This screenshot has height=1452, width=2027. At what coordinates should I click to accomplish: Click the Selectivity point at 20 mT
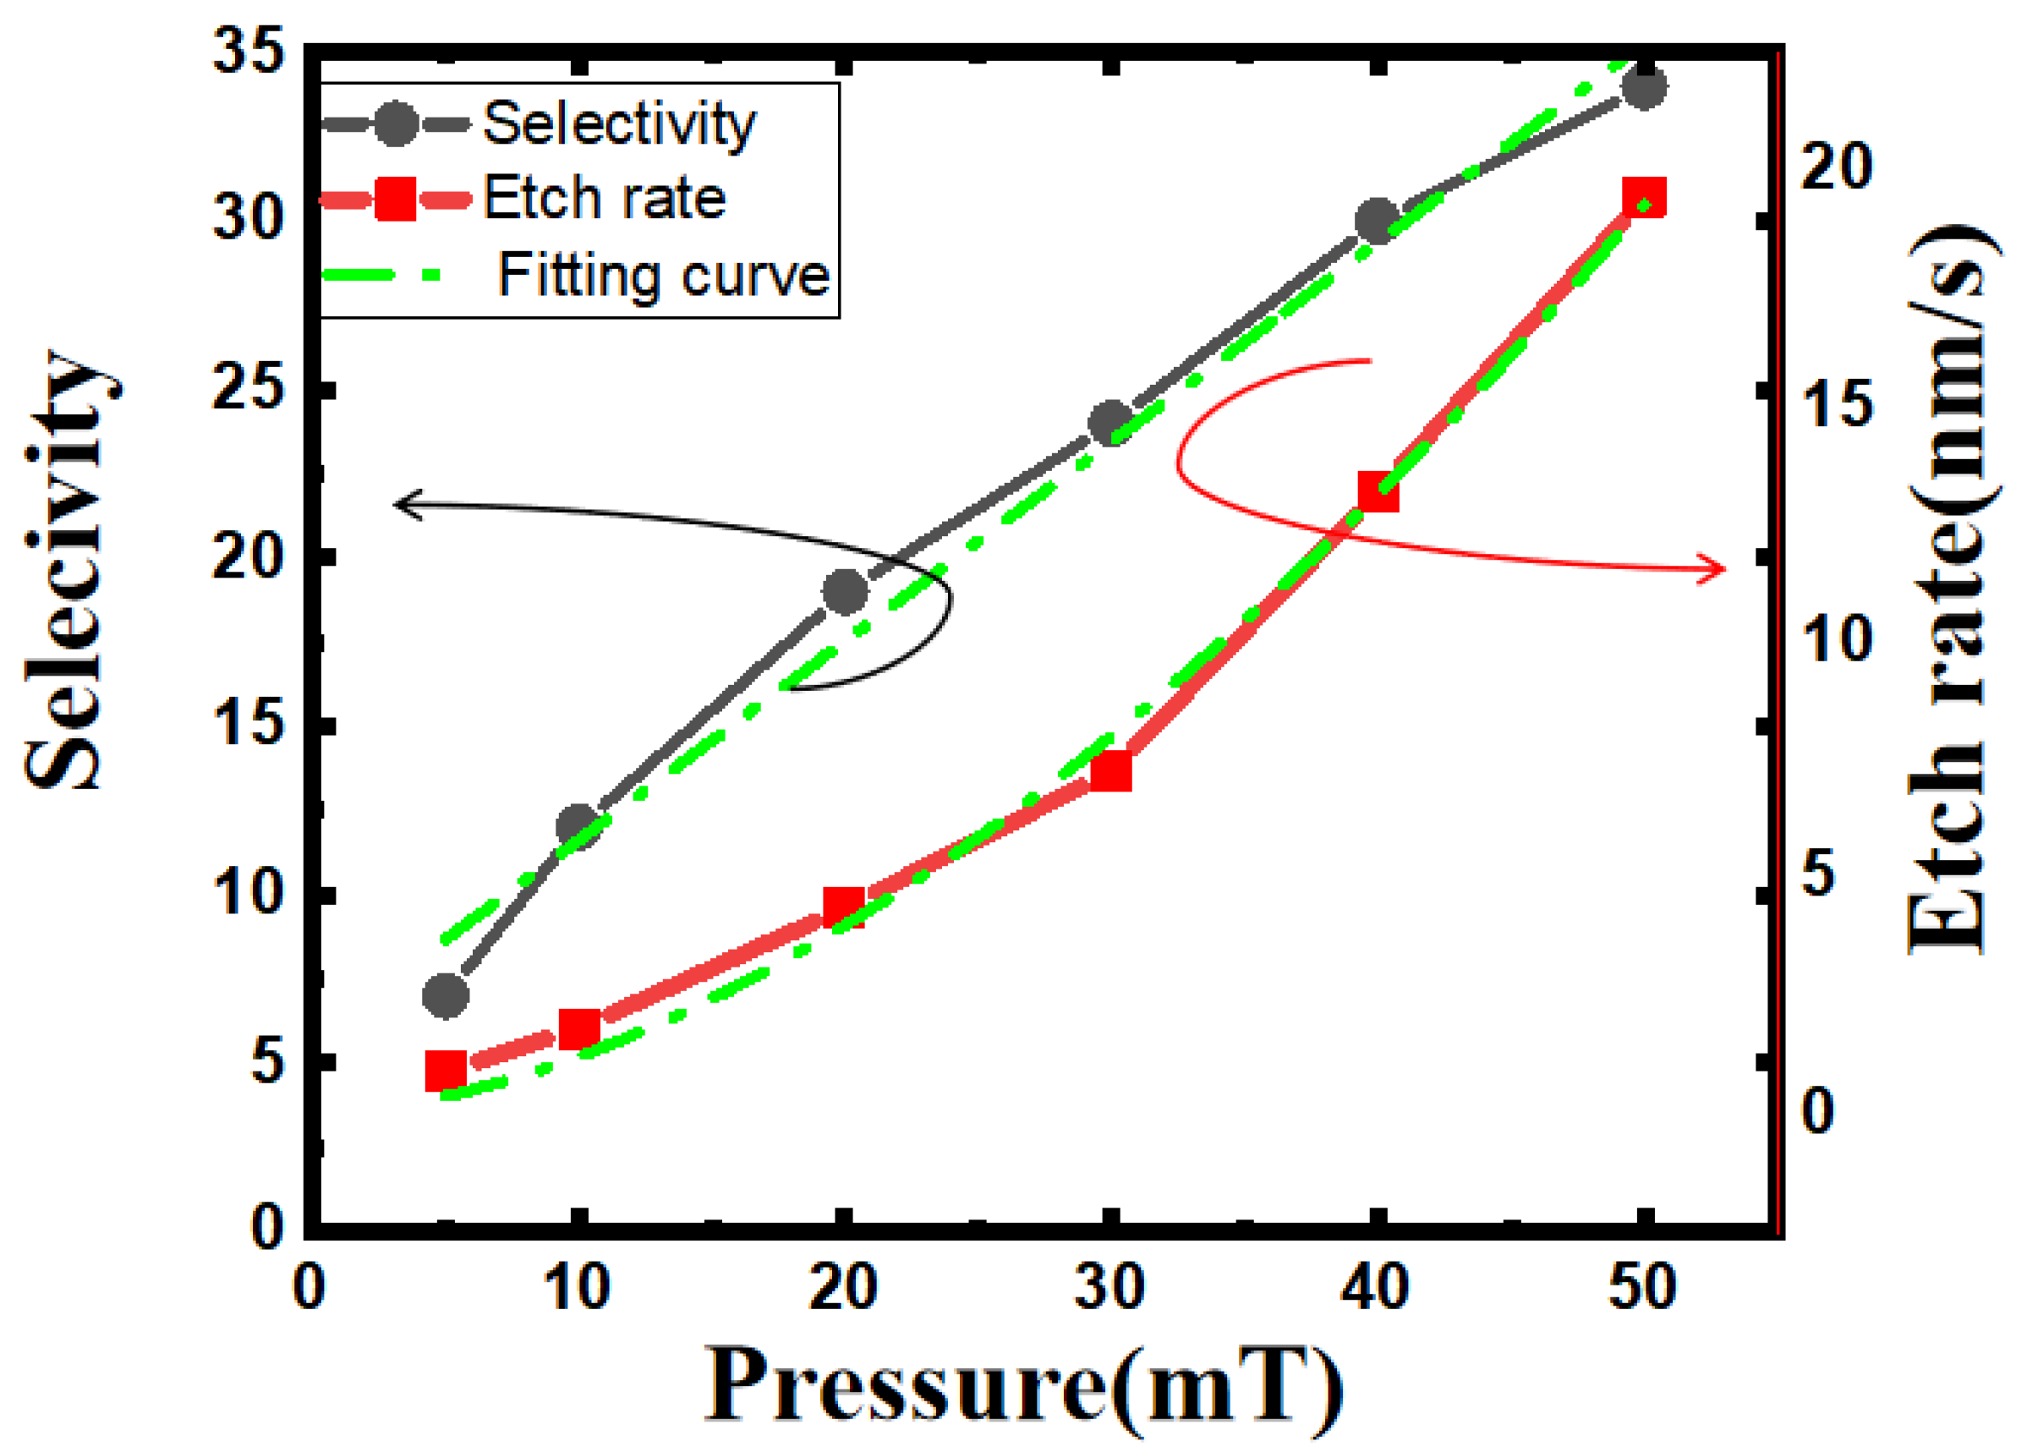[845, 590]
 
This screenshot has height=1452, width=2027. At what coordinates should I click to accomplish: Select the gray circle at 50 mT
[1644, 88]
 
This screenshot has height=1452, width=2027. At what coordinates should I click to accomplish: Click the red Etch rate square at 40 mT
[1378, 492]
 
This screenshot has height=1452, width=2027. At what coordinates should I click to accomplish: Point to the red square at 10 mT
[579, 1028]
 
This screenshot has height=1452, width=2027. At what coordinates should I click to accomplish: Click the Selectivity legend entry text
[618, 124]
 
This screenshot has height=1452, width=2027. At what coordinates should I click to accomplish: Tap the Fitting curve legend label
[663, 275]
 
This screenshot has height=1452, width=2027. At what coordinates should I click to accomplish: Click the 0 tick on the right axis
[1818, 1110]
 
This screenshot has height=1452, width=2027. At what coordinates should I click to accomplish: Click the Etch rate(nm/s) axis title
[1948, 589]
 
